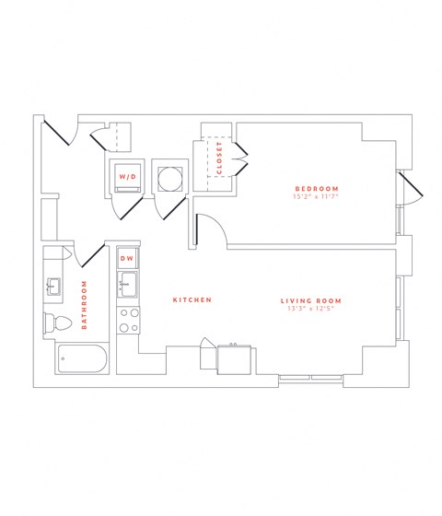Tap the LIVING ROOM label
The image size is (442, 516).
click(x=311, y=300)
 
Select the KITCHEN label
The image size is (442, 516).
click(x=193, y=300)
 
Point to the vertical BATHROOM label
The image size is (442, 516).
click(x=84, y=305)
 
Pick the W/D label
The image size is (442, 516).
click(x=127, y=175)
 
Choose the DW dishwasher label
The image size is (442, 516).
click(x=128, y=259)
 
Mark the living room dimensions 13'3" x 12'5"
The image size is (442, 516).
click(x=311, y=310)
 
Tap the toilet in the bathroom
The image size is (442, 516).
click(x=56, y=323)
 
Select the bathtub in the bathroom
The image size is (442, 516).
click(x=81, y=358)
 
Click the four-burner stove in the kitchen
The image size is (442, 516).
click(x=128, y=319)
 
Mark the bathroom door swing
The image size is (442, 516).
click(x=91, y=252)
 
